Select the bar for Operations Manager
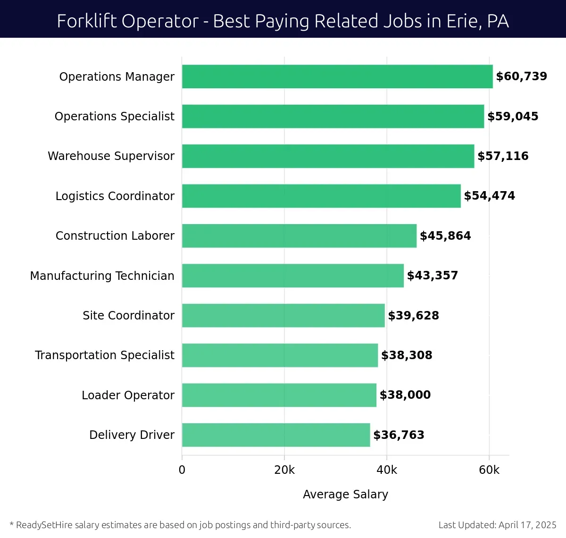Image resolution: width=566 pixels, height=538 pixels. tap(337, 76)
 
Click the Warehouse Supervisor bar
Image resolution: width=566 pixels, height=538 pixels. tap(328, 156)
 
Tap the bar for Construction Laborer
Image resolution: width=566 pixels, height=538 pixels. tap(299, 236)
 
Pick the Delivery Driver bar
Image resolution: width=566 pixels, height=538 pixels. tap(276, 435)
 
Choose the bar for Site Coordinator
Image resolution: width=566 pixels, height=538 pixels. tap(283, 316)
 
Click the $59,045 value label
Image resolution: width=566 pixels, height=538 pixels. tap(513, 117)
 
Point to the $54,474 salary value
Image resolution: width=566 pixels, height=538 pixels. tap(489, 196)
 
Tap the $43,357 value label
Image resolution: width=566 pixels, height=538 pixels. tap(432, 276)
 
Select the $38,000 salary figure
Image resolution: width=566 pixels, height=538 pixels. tap(405, 395)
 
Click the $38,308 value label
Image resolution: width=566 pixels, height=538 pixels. tap(407, 355)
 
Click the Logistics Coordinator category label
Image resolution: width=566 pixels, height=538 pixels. tap(115, 196)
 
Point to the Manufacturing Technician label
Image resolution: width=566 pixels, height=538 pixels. tap(102, 276)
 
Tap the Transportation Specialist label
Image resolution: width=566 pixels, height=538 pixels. tap(104, 355)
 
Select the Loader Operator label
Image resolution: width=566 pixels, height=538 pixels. tap(128, 395)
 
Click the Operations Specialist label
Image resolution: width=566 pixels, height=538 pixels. tap(114, 117)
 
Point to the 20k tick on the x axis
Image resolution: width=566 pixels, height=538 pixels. tap(284, 470)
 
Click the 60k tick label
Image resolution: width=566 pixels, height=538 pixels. tap(489, 470)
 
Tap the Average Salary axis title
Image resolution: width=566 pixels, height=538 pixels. tap(345, 494)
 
